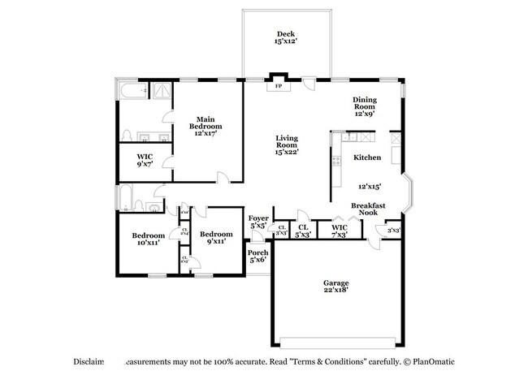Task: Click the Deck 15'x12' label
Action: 285,37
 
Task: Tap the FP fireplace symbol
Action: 279,85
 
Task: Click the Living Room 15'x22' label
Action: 287,144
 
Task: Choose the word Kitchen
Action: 367,157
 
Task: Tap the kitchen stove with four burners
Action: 335,159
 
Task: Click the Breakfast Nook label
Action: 367,209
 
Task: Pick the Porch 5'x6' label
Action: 258,256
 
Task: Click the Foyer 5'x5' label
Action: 258,221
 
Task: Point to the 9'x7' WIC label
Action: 144,160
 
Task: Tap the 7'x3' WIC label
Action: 340,231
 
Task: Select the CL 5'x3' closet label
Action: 303,231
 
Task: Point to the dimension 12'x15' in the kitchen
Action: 370,186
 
